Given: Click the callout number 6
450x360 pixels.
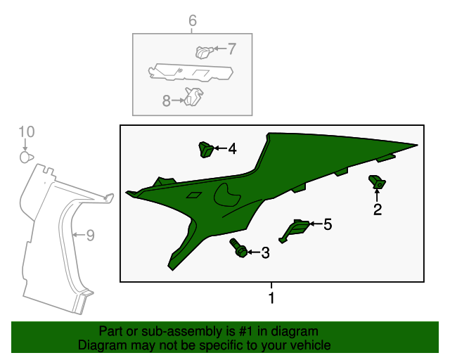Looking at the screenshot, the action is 193,20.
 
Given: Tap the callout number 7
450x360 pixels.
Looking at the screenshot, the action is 232,49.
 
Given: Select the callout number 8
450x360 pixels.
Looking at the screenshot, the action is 167,101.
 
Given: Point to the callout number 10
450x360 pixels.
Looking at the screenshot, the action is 27,131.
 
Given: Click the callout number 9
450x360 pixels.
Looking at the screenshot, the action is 91,235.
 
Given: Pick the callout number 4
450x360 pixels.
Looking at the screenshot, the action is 233,148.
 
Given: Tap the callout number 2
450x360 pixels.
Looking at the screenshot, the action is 378,210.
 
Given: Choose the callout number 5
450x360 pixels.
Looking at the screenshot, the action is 328,224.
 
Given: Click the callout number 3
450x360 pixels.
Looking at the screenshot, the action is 266,252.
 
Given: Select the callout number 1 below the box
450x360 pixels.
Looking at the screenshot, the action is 271,298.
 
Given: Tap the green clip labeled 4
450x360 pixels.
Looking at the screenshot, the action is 206,149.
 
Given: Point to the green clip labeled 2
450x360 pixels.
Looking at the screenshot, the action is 377,182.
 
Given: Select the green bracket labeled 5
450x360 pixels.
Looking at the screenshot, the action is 295,231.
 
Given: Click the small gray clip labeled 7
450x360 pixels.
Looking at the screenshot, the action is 204,53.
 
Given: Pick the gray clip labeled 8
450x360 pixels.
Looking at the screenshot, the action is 194,96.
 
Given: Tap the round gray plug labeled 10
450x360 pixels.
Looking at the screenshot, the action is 27,157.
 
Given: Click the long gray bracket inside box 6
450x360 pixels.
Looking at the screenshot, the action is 191,72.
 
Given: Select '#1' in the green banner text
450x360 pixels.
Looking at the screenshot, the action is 246,331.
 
